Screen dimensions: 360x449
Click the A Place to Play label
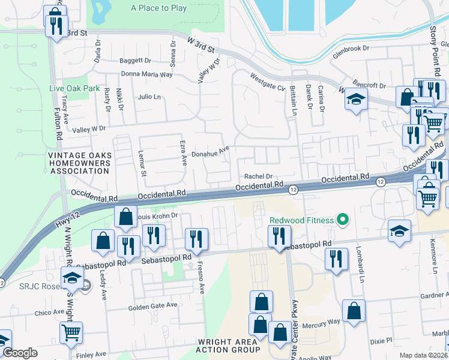tap(158, 8)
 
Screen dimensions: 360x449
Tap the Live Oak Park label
tap(74, 88)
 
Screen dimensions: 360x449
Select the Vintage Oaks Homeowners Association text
tap(79, 163)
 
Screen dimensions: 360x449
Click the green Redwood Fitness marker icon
tap(343, 220)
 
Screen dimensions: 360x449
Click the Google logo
tap(20, 353)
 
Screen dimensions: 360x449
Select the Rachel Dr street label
tap(259, 176)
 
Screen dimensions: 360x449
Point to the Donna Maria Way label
tap(146, 74)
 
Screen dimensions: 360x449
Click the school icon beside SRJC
tap(71, 278)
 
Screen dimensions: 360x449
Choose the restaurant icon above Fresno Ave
tap(196, 238)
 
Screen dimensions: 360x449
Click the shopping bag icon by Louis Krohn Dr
tap(125, 217)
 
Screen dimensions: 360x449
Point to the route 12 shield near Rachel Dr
tap(293, 190)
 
